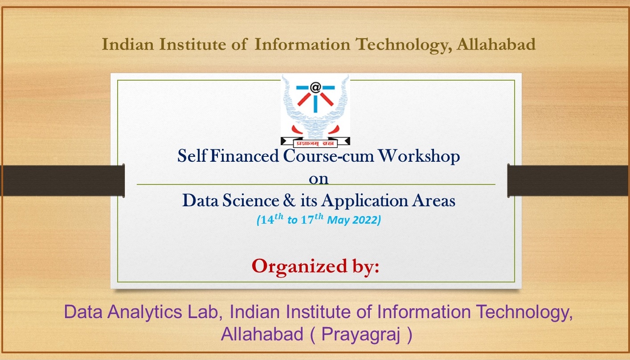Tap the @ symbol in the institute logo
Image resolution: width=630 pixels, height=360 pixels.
pyautogui.click(x=315, y=86)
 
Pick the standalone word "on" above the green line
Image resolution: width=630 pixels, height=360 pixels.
pyautogui.click(x=319, y=179)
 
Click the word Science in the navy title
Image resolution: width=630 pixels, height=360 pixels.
pyautogui.click(x=250, y=201)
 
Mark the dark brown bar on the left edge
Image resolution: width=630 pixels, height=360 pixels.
pyautogui.click(x=62, y=180)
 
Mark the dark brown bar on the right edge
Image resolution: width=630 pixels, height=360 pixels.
pyautogui.click(x=569, y=180)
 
